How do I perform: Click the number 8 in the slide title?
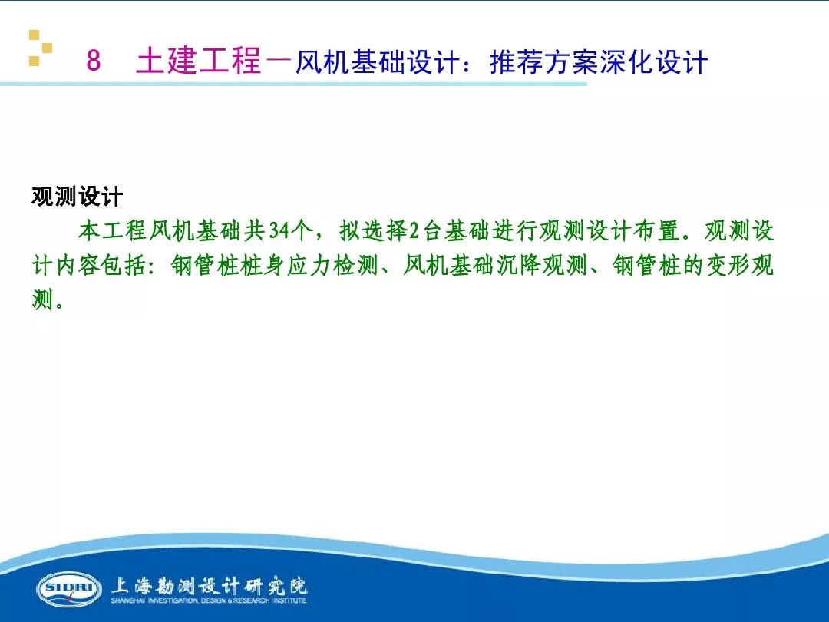(94, 60)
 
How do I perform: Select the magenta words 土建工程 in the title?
(199, 60)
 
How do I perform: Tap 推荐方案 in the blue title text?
(543, 62)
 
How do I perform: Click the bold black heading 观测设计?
(78, 197)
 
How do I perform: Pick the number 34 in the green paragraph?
(279, 231)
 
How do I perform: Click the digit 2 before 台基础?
(414, 231)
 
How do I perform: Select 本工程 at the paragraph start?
(113, 231)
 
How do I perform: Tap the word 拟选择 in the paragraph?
(373, 231)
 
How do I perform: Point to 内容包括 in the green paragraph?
(101, 265)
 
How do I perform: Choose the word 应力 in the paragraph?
(311, 265)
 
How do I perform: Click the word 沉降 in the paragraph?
(519, 265)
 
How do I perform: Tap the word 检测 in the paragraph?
(358, 265)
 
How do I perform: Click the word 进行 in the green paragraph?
(515, 231)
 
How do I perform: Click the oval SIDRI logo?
(69, 589)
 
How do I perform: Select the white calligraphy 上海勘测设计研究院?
(209, 585)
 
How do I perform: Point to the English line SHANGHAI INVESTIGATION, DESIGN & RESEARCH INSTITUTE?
(209, 600)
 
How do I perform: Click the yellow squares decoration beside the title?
(40, 48)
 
